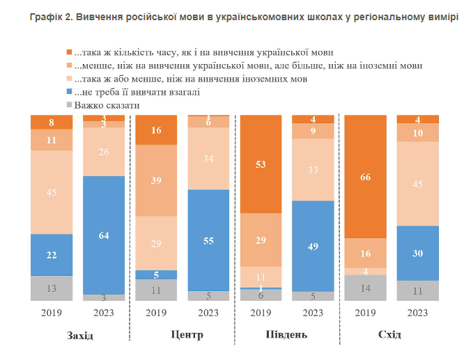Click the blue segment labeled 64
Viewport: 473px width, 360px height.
104,235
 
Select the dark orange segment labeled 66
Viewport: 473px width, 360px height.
366,178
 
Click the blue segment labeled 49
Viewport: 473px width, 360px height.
313,245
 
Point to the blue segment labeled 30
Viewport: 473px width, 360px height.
418,253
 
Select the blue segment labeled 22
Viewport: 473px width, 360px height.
52,255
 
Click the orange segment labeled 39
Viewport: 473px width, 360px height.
156,180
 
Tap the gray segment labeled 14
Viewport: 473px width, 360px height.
366,287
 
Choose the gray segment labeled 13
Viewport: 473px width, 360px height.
52,288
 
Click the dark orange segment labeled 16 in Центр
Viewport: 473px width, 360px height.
156,130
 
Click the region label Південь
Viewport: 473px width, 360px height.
286,335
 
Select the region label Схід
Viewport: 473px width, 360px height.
389,335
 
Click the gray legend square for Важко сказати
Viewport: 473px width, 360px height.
69,105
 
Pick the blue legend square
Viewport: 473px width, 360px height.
69,92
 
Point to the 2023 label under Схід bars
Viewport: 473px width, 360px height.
417,313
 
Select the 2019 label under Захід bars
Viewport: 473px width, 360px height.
52,313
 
